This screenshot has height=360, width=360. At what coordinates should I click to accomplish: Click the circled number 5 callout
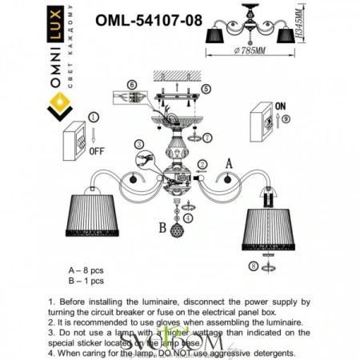[x=206, y=88]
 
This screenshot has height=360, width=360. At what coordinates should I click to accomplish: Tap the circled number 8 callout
[x=254, y=266]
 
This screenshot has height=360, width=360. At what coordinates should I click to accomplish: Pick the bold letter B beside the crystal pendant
[x=162, y=226]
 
